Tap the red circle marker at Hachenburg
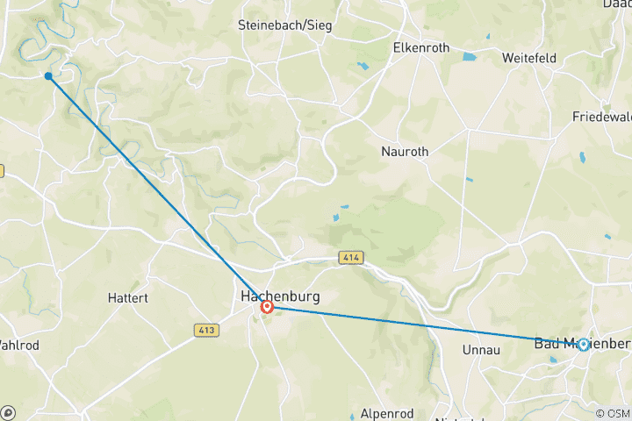[x=267, y=307]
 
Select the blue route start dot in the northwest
[x=48, y=76]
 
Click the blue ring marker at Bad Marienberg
[x=583, y=345]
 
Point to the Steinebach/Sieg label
[x=284, y=25]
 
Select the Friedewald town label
[x=602, y=117]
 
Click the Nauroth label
[x=405, y=152]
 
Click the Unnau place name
[x=479, y=349]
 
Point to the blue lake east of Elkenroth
[x=469, y=58]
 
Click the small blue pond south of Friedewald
[x=581, y=158]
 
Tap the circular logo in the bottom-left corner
[x=9, y=412]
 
